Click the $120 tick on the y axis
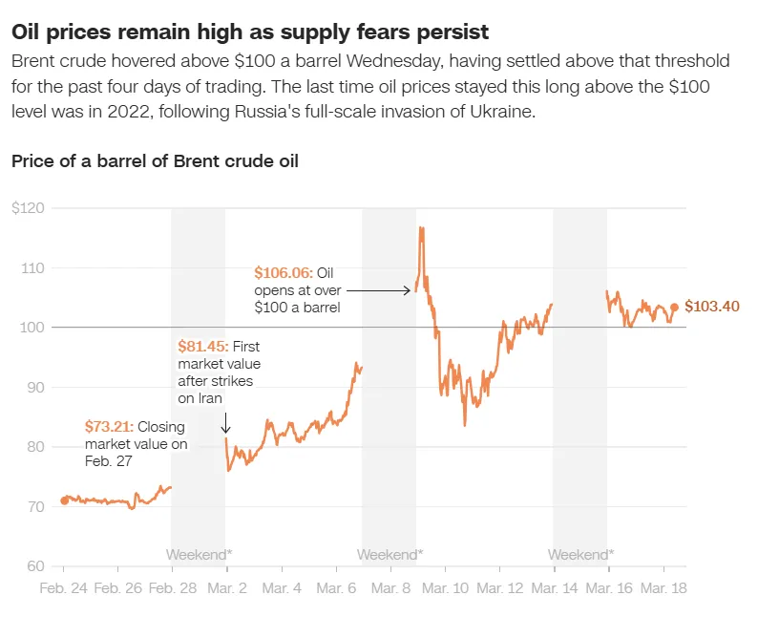click(x=26, y=208)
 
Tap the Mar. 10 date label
click(x=447, y=588)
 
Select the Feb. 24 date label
click(x=63, y=588)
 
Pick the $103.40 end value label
click(x=712, y=307)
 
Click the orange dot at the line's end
click(x=674, y=308)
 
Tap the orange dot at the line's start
click(x=64, y=500)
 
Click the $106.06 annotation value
click(x=283, y=272)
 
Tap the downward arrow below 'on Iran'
click(x=225, y=422)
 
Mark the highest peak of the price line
click(x=420, y=227)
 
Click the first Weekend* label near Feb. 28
click(x=199, y=554)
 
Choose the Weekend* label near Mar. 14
click(x=580, y=554)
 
